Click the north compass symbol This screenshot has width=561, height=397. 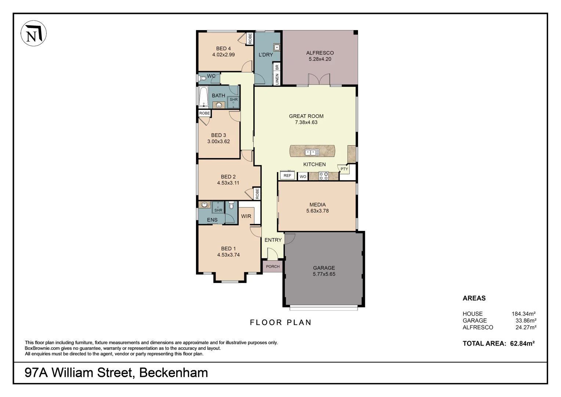pyautogui.click(x=33, y=33)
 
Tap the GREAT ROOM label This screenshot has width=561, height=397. pyautogui.click(x=306, y=116)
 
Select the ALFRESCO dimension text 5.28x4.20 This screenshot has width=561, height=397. pyautogui.click(x=320, y=59)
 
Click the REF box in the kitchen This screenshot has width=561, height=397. pyautogui.click(x=287, y=176)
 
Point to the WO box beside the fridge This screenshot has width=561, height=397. pyautogui.click(x=303, y=177)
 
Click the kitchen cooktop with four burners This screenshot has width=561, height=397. pyautogui.click(x=323, y=176)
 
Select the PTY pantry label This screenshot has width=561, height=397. pyautogui.click(x=344, y=169)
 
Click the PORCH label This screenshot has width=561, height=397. pyautogui.click(x=272, y=267)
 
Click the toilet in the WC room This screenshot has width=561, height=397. pyautogui.click(x=202, y=78)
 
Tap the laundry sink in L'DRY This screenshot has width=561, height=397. pyautogui.click(x=276, y=47)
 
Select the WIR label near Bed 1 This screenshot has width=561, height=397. pyautogui.click(x=246, y=216)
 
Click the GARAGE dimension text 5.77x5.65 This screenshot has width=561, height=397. pyautogui.click(x=324, y=274)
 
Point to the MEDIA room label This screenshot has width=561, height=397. pyautogui.click(x=317, y=205)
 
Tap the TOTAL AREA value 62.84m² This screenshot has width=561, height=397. pyautogui.click(x=522, y=344)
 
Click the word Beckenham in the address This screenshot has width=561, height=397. pyautogui.click(x=173, y=373)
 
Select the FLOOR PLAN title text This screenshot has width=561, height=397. pyautogui.click(x=280, y=322)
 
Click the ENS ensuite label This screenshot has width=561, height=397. pyautogui.click(x=212, y=220)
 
